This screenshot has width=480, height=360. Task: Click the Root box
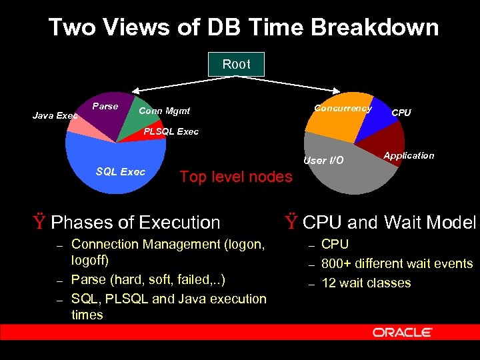pos(236,64)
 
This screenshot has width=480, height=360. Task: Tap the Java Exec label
pos(55,116)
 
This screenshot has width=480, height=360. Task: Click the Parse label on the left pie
pos(105,107)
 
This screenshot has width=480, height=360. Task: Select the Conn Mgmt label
pos(164,111)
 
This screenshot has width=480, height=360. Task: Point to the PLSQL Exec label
pos(171,131)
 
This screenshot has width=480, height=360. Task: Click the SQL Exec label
pos(120,172)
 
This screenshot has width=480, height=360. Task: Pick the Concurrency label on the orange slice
pos(343,109)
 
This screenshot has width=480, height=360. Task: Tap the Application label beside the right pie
pos(409,155)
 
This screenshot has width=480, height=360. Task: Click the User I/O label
pos(323,161)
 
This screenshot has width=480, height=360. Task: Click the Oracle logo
pos(403,333)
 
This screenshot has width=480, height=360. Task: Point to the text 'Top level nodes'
pos(236,177)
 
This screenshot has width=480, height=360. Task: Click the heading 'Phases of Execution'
pos(135,222)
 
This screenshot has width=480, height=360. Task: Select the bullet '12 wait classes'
pos(366,283)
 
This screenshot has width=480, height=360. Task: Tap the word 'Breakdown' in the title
pos(377,28)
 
